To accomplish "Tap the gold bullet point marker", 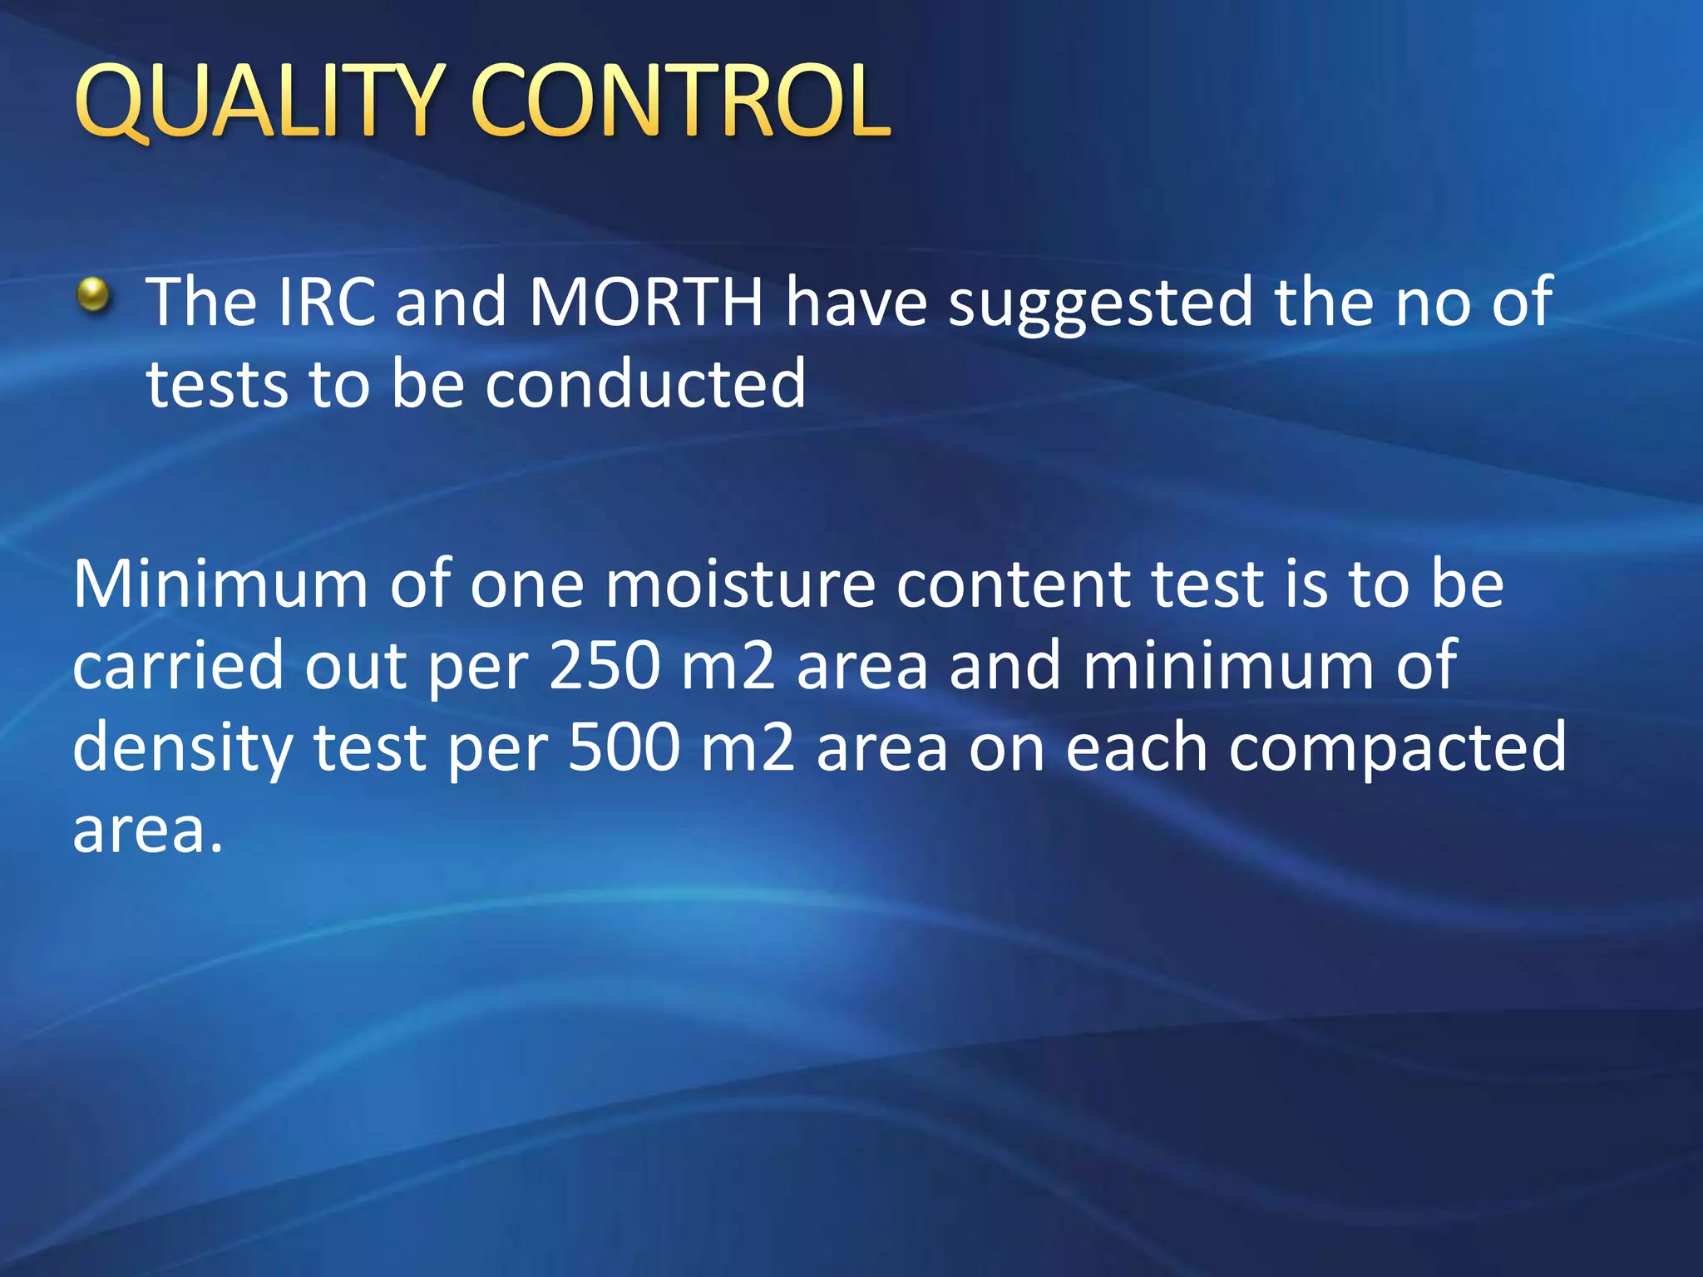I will pyautogui.click(x=93, y=296).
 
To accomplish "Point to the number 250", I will pyautogui.click(x=605, y=666).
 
